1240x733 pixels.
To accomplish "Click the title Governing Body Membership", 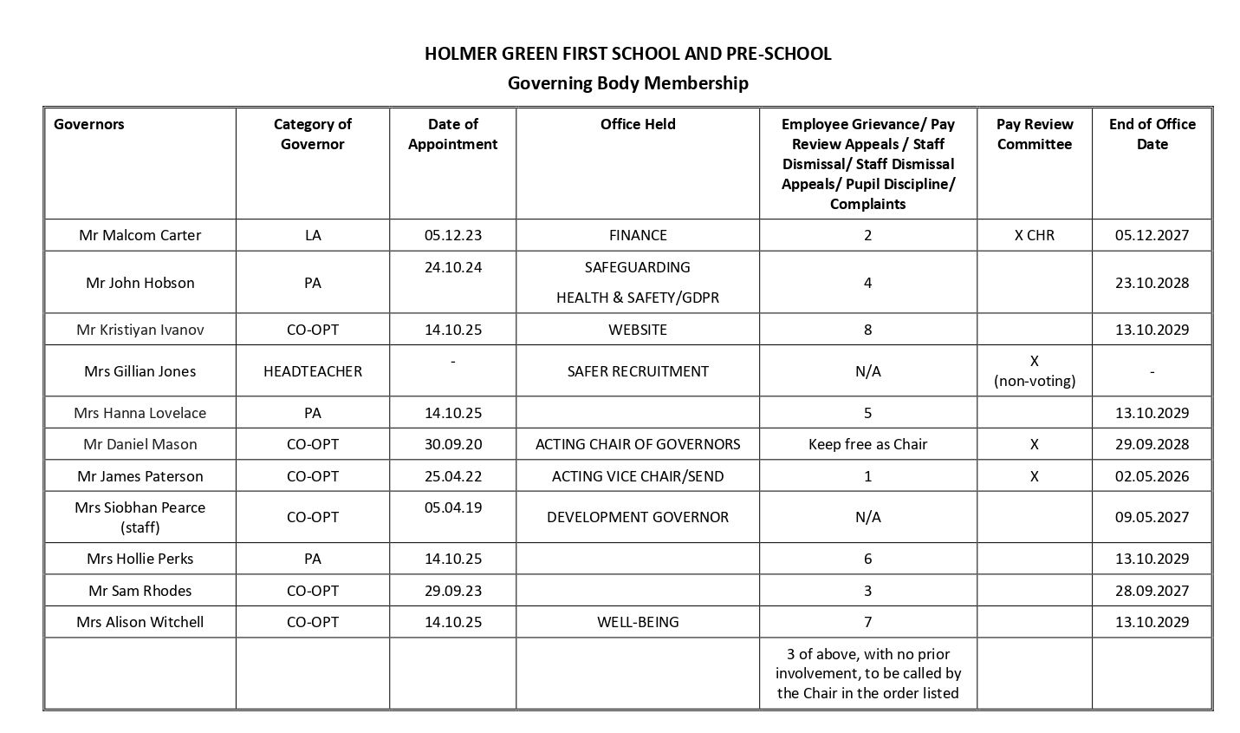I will pyautogui.click(x=627, y=83).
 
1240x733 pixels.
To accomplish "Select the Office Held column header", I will pyautogui.click(x=638, y=124).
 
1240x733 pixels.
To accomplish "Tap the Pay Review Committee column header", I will pyautogui.click(x=1034, y=134).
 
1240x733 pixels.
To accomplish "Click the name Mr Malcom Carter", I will pyautogui.click(x=140, y=235).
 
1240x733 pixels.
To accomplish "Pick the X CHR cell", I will pyautogui.click(x=1034, y=235).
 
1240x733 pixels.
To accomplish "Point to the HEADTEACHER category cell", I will pyautogui.click(x=313, y=371).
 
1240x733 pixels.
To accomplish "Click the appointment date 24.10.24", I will pyautogui.click(x=453, y=267).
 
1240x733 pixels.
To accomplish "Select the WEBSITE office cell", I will pyautogui.click(x=638, y=330).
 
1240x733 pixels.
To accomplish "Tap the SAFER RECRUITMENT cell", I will pyautogui.click(x=638, y=371).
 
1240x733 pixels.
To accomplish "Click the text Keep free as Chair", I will pyautogui.click(x=867, y=444).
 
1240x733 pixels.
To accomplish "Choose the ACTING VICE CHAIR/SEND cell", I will pyautogui.click(x=638, y=476).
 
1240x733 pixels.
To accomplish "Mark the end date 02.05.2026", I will pyautogui.click(x=1152, y=476).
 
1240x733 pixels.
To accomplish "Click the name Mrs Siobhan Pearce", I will pyautogui.click(x=140, y=507).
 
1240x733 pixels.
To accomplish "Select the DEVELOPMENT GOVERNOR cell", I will pyautogui.click(x=638, y=517).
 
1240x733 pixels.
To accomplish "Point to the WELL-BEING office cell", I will pyautogui.click(x=638, y=622).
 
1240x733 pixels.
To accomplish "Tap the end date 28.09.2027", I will pyautogui.click(x=1152, y=591).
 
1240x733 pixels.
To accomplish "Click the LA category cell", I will pyautogui.click(x=313, y=235).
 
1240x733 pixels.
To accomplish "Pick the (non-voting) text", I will pyautogui.click(x=1034, y=381).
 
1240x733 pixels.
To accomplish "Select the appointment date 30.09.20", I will pyautogui.click(x=453, y=444).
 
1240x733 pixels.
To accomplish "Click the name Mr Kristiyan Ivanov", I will pyautogui.click(x=140, y=330).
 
